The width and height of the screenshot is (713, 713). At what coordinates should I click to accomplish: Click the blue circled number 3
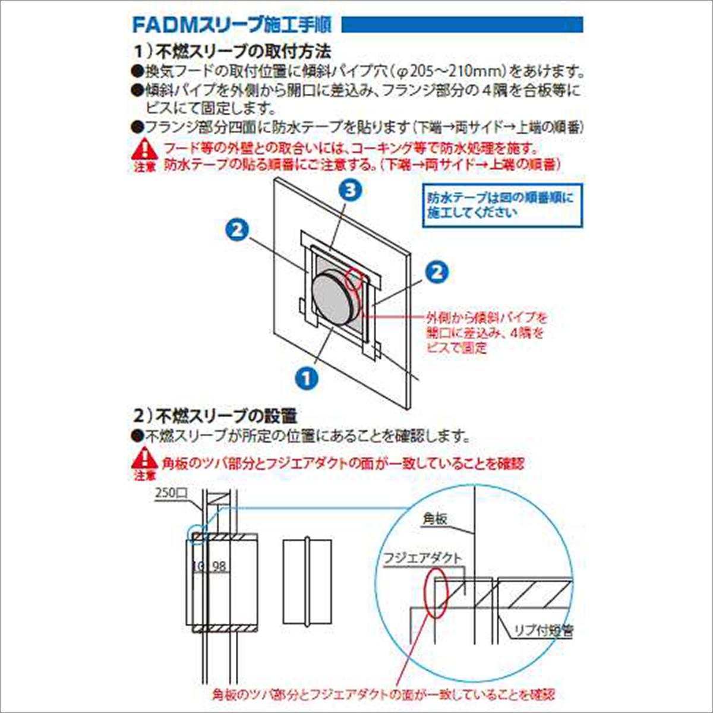tap(351, 190)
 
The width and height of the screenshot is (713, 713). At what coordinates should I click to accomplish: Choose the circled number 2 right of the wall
tap(436, 272)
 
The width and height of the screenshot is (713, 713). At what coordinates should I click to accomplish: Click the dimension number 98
tap(219, 566)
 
